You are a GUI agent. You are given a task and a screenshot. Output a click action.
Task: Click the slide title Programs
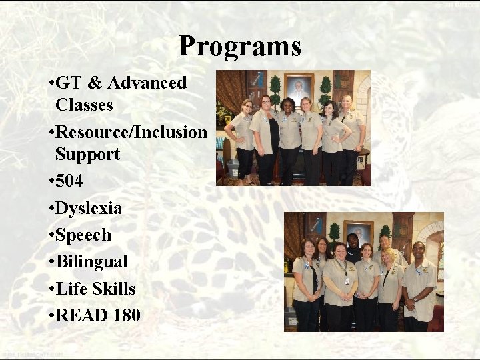240,47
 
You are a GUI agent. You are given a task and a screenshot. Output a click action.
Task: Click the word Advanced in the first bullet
147,83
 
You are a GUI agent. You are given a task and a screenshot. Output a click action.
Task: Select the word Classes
84,105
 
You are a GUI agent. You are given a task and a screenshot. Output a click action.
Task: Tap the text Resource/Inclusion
131,132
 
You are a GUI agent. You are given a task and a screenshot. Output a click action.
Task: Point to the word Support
87,155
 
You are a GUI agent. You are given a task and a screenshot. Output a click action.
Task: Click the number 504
69,181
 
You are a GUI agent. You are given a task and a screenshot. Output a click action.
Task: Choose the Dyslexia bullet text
89,209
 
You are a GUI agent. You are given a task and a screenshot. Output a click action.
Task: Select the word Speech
83,235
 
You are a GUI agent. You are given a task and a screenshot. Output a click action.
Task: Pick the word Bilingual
91,262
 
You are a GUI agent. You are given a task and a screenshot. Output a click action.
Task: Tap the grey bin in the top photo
232,167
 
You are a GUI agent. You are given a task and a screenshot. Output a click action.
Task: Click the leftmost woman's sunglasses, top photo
247,106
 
